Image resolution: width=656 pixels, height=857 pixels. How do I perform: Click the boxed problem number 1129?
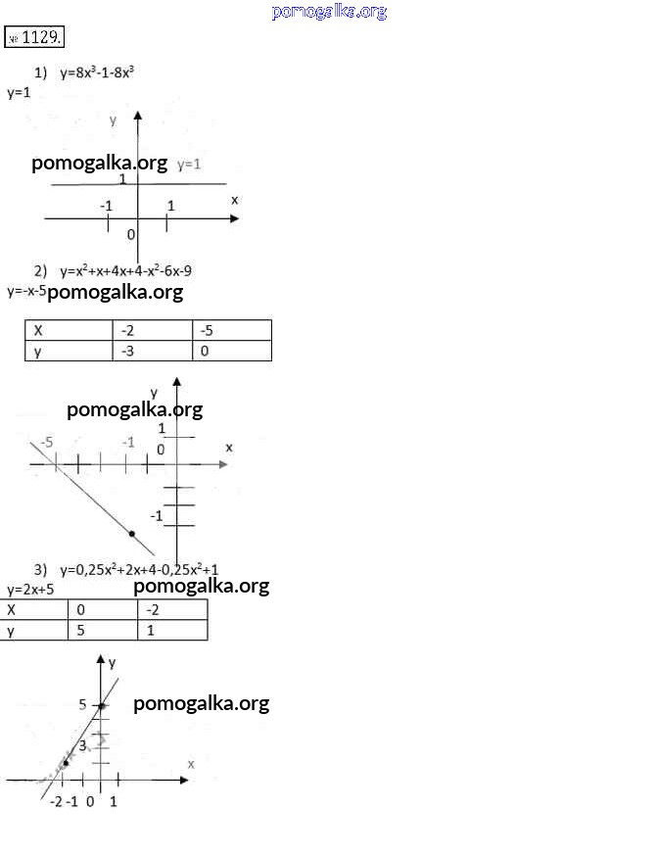click(x=34, y=37)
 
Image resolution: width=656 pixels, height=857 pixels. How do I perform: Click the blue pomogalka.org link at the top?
click(x=329, y=12)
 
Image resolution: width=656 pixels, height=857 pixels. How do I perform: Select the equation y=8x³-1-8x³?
click(x=97, y=72)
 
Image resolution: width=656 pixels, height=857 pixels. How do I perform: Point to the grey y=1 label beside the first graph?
click(x=189, y=164)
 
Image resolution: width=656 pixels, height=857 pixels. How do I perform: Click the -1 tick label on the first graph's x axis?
click(x=106, y=206)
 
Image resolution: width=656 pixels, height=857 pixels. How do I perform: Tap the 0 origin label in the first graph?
click(x=130, y=234)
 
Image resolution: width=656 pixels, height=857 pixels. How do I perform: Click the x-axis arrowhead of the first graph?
click(x=235, y=218)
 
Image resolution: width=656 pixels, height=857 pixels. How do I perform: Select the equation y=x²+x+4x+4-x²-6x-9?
click(x=125, y=271)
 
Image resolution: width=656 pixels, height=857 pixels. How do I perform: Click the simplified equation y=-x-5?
click(x=26, y=291)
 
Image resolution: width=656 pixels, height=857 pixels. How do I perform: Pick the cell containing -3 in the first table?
click(x=153, y=351)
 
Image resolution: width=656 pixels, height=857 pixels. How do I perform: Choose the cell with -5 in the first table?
click(x=232, y=331)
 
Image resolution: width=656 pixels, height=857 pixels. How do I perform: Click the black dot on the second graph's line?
click(x=131, y=534)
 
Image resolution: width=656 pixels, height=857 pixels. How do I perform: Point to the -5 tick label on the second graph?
click(x=47, y=442)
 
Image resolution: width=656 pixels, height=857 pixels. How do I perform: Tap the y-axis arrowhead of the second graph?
click(x=176, y=382)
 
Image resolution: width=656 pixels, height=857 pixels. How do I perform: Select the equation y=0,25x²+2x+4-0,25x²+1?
click(x=139, y=570)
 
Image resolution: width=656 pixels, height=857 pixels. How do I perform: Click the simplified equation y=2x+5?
click(x=30, y=590)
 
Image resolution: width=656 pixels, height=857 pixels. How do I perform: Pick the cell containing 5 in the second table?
click(x=103, y=630)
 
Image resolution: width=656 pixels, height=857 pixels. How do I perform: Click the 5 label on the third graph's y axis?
click(x=82, y=704)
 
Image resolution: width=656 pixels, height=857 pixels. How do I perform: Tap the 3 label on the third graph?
click(x=82, y=745)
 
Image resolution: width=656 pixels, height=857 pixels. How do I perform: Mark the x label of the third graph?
click(x=191, y=764)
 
